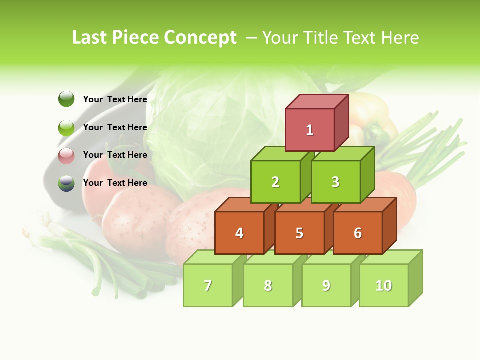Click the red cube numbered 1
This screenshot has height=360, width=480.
[x=310, y=130]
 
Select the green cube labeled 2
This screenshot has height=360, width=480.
[x=275, y=182]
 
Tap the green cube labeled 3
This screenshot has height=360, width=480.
[x=335, y=182]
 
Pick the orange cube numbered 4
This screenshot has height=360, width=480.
[x=239, y=233]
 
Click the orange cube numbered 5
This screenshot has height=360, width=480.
[x=299, y=233]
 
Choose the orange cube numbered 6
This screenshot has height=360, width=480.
[x=358, y=233]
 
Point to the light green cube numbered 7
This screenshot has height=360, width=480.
[x=208, y=285]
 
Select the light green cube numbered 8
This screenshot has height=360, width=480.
[x=268, y=285]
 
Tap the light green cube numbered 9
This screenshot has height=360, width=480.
[x=326, y=285]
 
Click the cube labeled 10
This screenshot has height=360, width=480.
[x=384, y=285]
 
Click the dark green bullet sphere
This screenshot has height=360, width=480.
[x=66, y=99]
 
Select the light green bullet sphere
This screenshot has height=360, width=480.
[x=66, y=127]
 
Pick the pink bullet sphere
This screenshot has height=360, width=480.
[x=66, y=155]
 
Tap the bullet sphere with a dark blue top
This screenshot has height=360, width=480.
[x=66, y=183]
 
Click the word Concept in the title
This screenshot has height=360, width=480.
[x=200, y=38]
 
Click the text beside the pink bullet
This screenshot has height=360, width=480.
[x=115, y=155]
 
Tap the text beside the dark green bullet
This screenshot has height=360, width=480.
[x=115, y=99]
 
